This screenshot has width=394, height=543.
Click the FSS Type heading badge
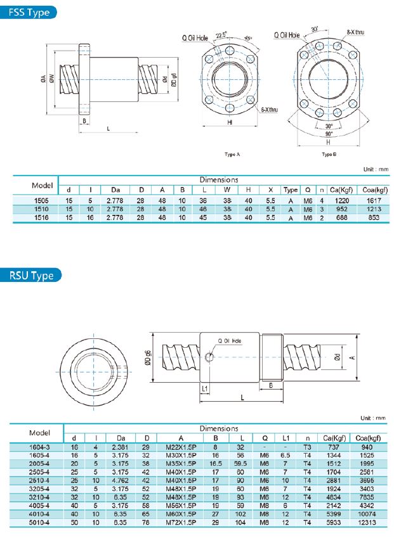[29, 12]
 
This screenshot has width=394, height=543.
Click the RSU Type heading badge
[31, 276]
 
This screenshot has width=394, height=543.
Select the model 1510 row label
[42, 208]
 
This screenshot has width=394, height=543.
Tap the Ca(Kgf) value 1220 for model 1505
[343, 200]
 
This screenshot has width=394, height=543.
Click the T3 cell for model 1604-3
[308, 447]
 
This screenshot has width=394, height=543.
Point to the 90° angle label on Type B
[329, 134]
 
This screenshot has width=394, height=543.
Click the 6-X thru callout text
[269, 110]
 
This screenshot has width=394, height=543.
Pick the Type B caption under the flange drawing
[328, 154]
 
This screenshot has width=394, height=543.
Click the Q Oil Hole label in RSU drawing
[230, 341]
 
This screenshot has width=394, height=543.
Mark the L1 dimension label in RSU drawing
[205, 387]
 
